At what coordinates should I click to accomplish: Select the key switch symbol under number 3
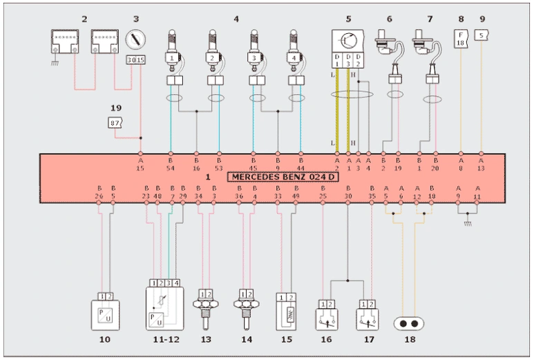(135, 38)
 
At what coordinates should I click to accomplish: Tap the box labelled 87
(115, 122)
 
